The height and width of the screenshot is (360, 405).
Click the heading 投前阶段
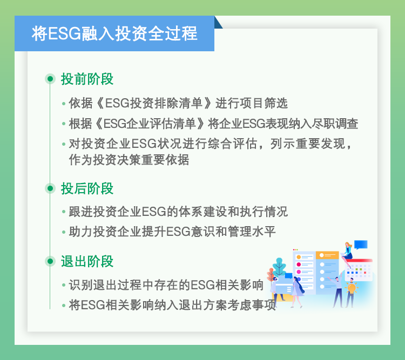(x=87, y=79)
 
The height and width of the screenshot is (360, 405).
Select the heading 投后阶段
(x=87, y=188)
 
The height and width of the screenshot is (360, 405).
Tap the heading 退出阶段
(x=87, y=261)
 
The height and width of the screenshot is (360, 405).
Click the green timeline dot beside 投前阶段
(x=50, y=79)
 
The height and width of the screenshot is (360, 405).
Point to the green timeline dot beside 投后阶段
(x=50, y=188)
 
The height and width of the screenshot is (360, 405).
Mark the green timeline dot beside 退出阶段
(x=50, y=261)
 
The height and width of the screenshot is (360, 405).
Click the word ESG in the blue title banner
(x=65, y=33)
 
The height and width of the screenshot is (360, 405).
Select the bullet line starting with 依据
(x=178, y=103)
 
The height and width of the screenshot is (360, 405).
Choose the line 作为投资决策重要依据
(x=129, y=160)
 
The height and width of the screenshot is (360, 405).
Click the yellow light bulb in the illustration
(x=352, y=288)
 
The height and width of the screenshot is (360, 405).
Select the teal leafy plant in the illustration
(x=279, y=267)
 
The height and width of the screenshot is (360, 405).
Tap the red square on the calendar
(x=365, y=273)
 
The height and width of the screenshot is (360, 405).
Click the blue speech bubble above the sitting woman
(x=361, y=244)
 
